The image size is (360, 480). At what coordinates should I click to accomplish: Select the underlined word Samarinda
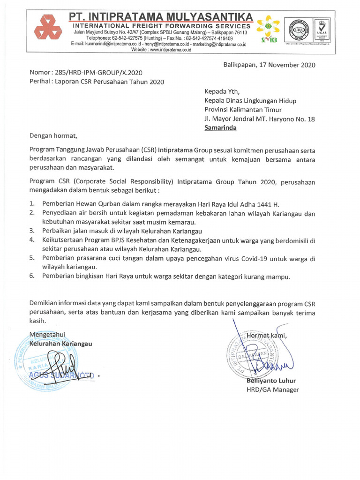pos(220,127)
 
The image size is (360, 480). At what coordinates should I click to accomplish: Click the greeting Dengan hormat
pos(52,136)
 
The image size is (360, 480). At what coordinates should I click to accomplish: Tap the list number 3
pos(32,231)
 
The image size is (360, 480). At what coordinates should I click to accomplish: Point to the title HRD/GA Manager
pos(272,390)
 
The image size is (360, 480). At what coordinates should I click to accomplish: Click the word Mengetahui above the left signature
pos(47,334)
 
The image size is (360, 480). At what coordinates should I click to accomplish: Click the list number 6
pos(32,276)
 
